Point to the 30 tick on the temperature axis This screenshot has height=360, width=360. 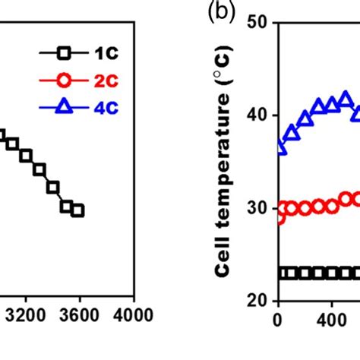pyautogui.click(x=257, y=208)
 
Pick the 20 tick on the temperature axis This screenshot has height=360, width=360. pyautogui.click(x=257, y=301)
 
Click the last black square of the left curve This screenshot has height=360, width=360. pyautogui.click(x=77, y=210)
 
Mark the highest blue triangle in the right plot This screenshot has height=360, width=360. pyautogui.click(x=346, y=99)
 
